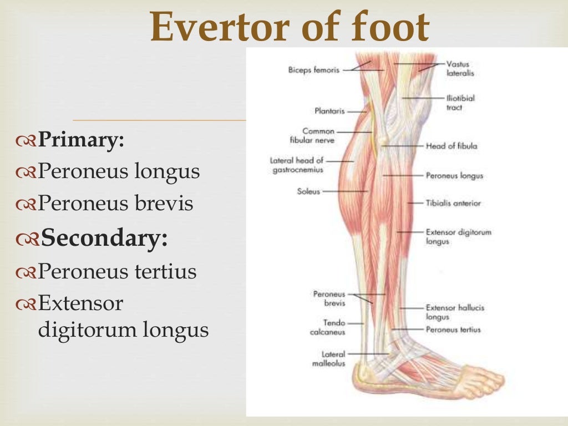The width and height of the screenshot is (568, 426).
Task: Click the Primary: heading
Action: coord(80,140)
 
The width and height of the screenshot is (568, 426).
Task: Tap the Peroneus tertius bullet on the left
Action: coord(117,272)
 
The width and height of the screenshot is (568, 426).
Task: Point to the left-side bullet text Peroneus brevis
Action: coord(115,204)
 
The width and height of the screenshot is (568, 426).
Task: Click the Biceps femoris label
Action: coord(313,70)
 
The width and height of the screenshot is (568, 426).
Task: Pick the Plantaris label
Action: coord(329,111)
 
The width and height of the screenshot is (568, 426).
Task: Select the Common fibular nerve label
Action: coord(318,136)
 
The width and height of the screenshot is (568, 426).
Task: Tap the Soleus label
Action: coord(309,191)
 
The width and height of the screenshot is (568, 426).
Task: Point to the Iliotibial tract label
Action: coord(460,103)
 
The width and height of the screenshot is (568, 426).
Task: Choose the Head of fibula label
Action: coord(451,146)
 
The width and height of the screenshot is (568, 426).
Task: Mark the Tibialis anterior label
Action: coord(453,203)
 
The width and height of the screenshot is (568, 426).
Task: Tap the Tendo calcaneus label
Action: coord(327,327)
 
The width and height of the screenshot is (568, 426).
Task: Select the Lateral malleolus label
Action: coord(333,358)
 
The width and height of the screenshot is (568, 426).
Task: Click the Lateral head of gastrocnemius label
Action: coord(297,165)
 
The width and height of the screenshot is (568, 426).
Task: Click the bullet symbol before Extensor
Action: coord(27,304)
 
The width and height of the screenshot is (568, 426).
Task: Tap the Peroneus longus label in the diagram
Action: coord(454,176)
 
